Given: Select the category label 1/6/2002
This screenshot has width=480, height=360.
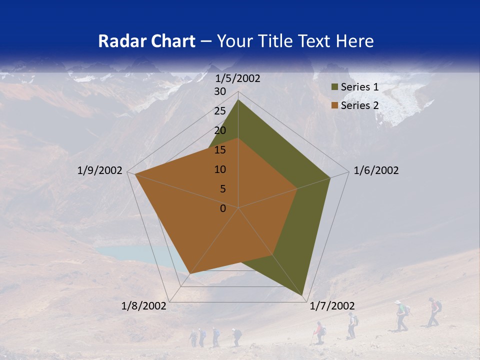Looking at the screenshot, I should coord(376,170).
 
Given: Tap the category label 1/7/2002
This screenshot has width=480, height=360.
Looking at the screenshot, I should coord(332,306).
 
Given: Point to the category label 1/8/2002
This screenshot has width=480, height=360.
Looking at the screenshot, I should coord(144,306).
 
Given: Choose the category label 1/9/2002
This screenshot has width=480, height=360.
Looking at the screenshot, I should coord(100,170).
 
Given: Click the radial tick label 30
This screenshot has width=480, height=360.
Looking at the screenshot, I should coord(220,91).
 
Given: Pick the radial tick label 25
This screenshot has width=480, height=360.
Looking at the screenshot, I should coord(220,111).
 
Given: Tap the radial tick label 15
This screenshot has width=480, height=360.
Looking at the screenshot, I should coord(220,150).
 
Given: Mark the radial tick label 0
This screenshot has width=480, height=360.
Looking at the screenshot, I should coord(223,208).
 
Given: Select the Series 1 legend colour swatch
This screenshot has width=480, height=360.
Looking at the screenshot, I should coord(334,87).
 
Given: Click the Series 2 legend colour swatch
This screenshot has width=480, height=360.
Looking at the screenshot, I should coord(334,105).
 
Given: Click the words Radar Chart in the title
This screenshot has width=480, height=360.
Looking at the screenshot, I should coord(146,41).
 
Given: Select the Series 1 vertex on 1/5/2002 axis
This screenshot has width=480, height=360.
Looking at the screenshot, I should coord(238,100).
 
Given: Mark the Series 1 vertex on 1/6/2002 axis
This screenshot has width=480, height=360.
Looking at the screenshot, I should coord(330,177).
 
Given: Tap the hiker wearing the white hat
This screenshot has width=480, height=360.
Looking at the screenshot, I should coord(400,315).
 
